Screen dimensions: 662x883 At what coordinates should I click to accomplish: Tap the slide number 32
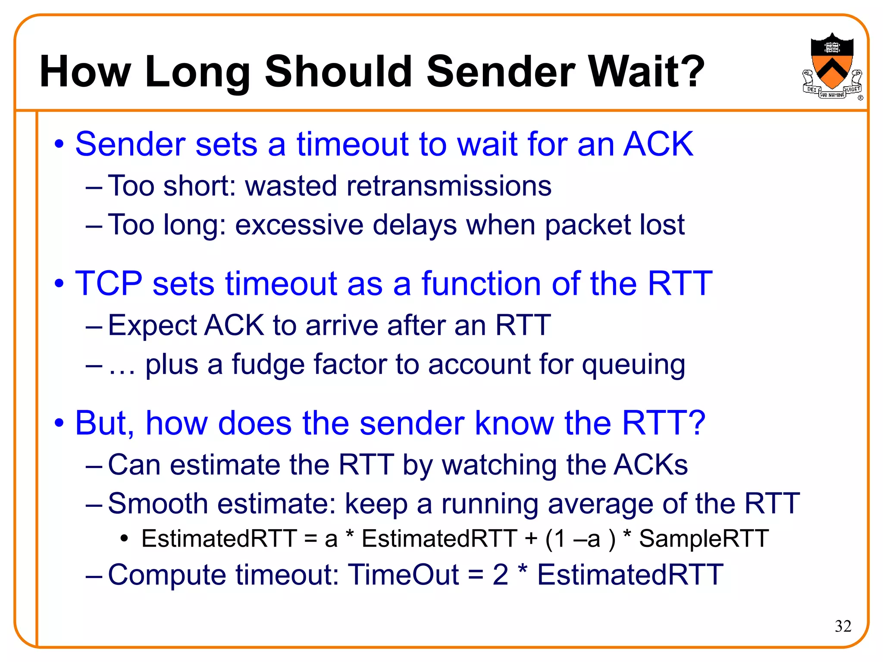843,626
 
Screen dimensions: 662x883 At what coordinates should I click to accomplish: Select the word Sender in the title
501,72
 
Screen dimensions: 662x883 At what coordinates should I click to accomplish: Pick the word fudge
267,365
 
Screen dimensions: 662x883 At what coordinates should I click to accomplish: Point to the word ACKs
651,465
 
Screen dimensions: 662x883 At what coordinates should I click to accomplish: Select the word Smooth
158,503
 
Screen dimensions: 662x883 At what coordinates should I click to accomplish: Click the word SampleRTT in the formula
704,539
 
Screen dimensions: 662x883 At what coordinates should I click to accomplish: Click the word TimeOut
404,575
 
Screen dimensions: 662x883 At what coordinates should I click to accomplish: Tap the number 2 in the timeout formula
500,575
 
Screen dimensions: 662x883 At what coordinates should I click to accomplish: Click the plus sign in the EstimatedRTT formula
531,539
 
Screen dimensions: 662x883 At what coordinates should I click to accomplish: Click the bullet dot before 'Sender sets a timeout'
59,145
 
